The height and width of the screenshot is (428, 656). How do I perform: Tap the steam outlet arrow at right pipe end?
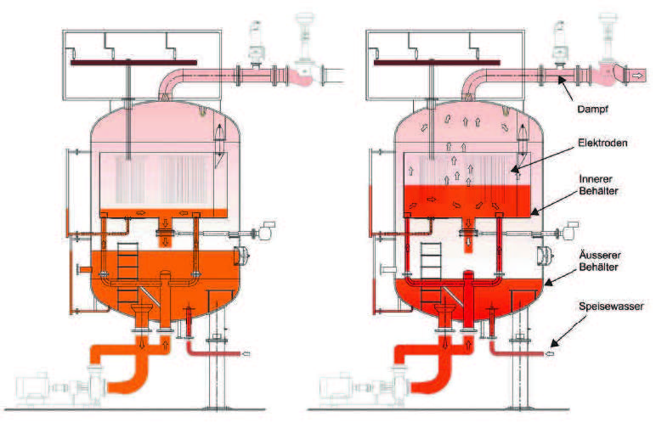[x=637, y=76]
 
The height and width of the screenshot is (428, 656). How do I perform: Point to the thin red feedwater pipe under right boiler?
[x=520, y=351]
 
